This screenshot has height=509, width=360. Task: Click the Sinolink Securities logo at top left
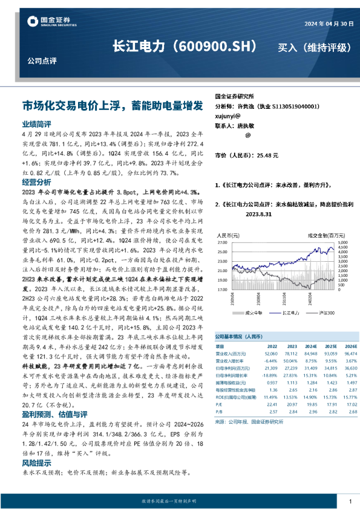[x=51, y=22]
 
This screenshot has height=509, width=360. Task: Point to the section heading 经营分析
[x=36, y=182]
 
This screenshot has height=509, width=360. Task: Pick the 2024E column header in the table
[x=293, y=346]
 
